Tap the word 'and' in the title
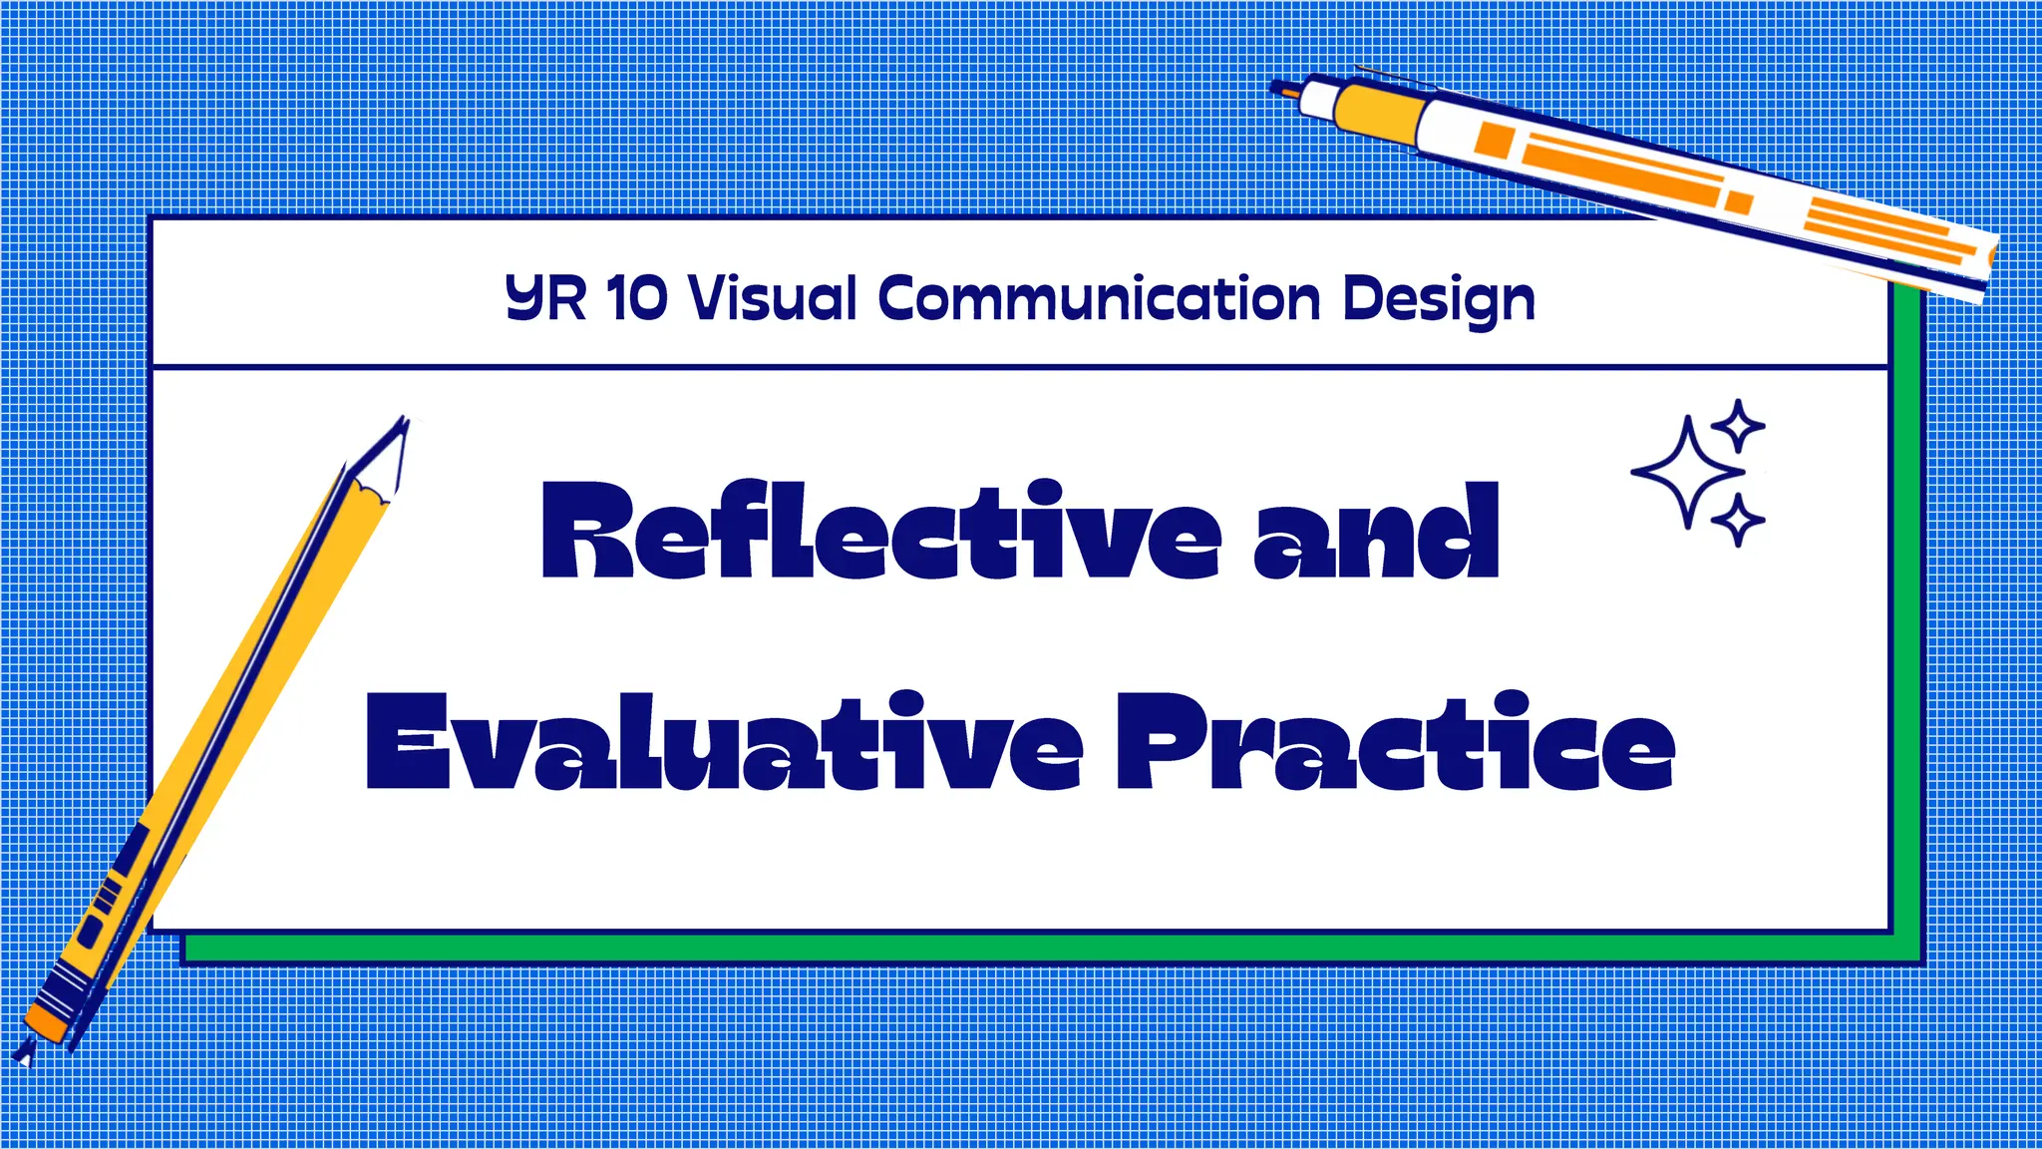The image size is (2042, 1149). tap(1376, 534)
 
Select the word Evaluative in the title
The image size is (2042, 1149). tap(724, 742)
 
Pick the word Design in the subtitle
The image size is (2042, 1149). tap(1439, 299)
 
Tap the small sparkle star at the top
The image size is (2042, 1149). tap(1739, 426)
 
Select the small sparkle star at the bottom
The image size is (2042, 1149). tap(1738, 520)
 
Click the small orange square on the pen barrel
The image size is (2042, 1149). tap(1495, 140)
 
